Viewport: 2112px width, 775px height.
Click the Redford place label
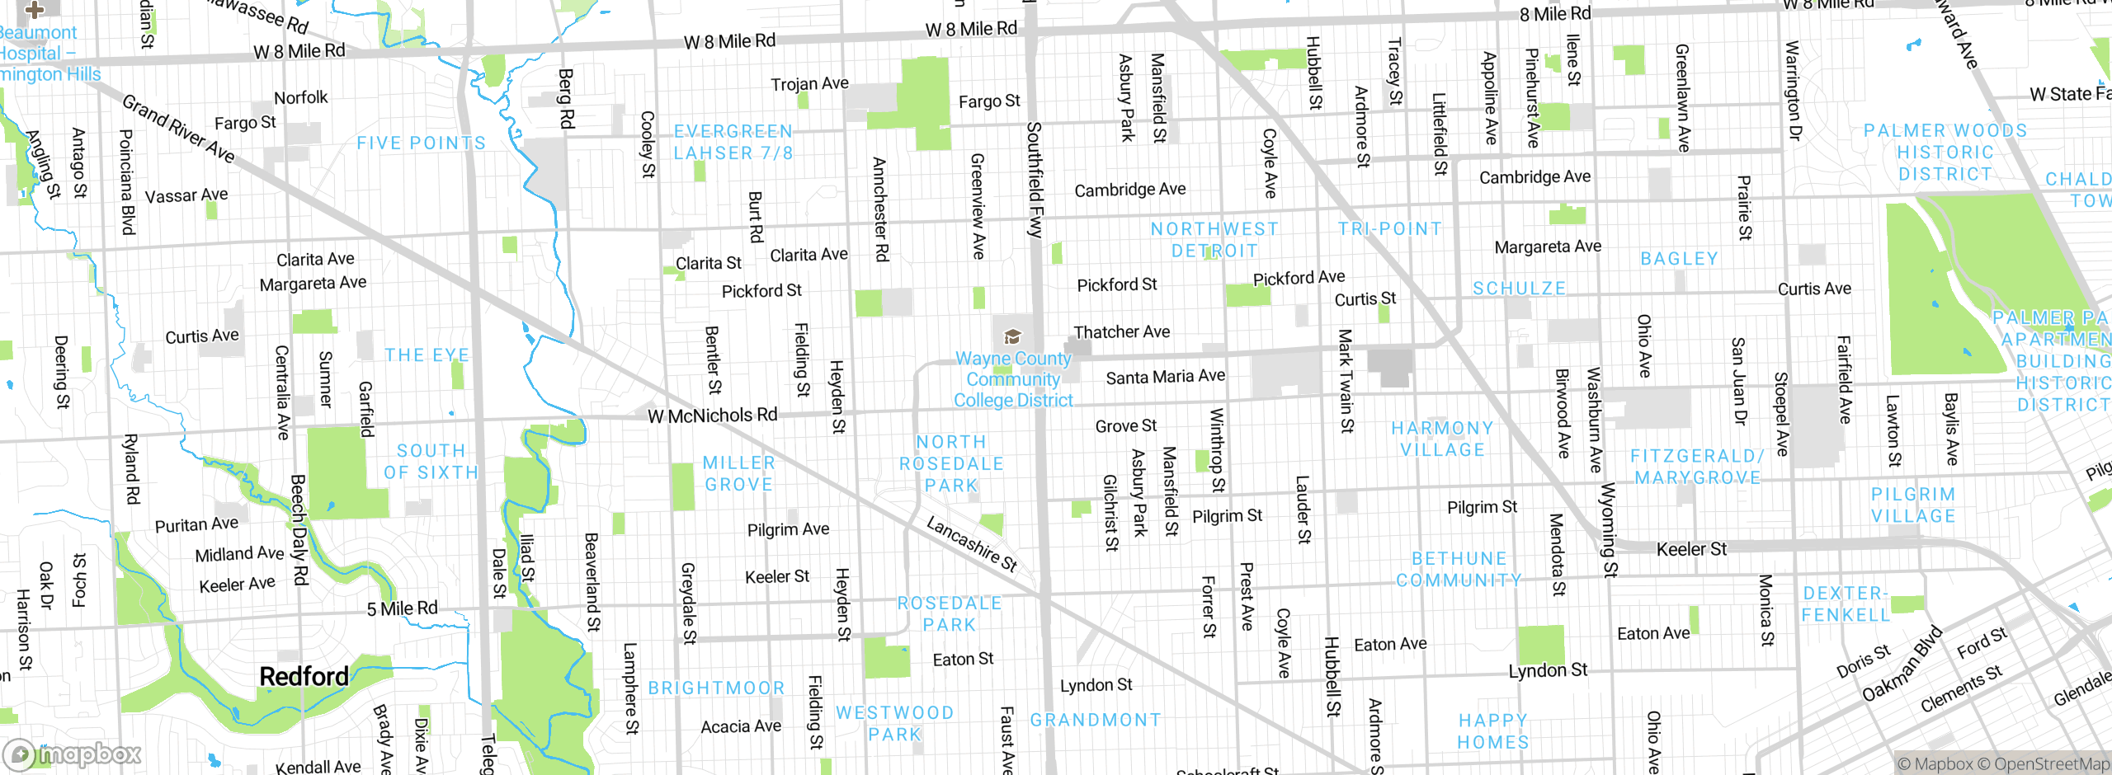click(304, 677)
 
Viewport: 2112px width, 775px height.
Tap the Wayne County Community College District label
click(1013, 380)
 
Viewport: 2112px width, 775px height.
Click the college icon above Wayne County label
click(1012, 336)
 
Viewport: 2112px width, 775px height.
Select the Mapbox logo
click(73, 754)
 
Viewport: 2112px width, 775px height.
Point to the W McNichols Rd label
click(712, 416)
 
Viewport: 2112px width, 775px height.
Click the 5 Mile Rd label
click(402, 608)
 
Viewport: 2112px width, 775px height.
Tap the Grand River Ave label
click(178, 129)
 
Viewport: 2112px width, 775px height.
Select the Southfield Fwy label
click(1035, 180)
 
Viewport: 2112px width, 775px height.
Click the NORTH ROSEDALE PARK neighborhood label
click(951, 464)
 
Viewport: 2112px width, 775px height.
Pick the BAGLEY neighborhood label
click(1679, 259)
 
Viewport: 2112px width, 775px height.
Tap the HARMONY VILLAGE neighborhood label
click(1442, 439)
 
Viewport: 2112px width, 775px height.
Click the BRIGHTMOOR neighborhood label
click(716, 688)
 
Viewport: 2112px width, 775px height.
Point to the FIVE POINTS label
click(421, 143)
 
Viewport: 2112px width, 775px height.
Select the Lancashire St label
click(972, 544)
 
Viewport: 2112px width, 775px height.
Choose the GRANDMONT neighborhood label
click(1095, 720)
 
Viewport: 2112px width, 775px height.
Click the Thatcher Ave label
click(1121, 331)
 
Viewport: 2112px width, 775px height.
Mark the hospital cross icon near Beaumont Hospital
click(34, 10)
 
